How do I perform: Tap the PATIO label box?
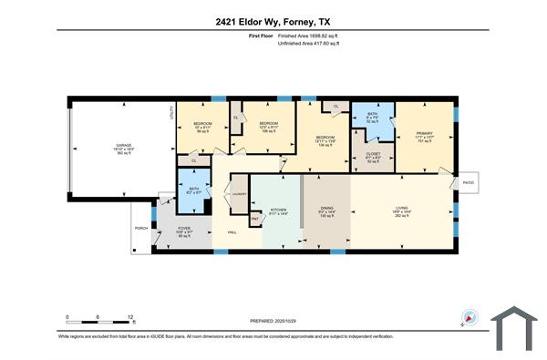(x=468, y=182)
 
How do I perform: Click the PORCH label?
(x=140, y=228)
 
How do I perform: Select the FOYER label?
(x=183, y=229)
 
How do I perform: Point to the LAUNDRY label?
(x=240, y=194)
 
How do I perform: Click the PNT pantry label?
(x=255, y=220)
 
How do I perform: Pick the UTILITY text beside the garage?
(x=170, y=113)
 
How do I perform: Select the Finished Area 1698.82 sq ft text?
(x=315, y=36)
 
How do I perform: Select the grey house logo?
(x=516, y=325)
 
